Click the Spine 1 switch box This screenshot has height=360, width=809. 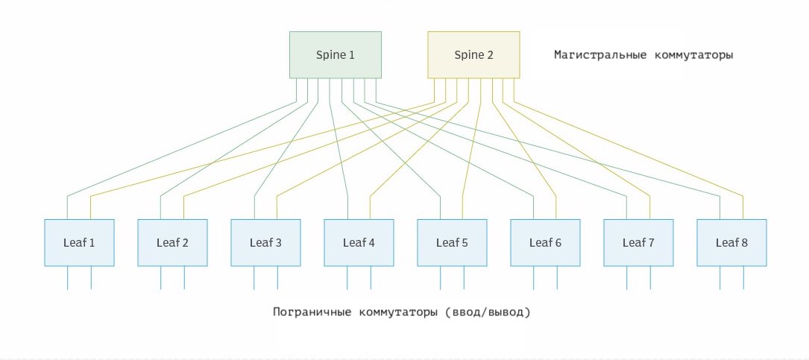point(336,54)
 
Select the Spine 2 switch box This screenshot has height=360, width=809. point(473,54)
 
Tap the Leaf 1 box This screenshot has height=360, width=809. point(79,242)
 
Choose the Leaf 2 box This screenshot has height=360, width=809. point(172,242)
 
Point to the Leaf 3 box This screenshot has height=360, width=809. point(265,242)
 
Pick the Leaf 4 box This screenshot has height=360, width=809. point(359,242)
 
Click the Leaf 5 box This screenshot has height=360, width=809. point(452,242)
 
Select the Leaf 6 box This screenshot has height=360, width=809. point(545,242)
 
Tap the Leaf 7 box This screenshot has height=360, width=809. point(638,242)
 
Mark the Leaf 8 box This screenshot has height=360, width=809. point(731,242)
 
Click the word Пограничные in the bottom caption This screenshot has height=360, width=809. point(311,312)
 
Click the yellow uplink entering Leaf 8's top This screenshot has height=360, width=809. point(743,208)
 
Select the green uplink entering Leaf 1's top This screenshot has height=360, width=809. point(68,208)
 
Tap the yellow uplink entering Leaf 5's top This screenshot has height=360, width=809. point(464,208)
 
